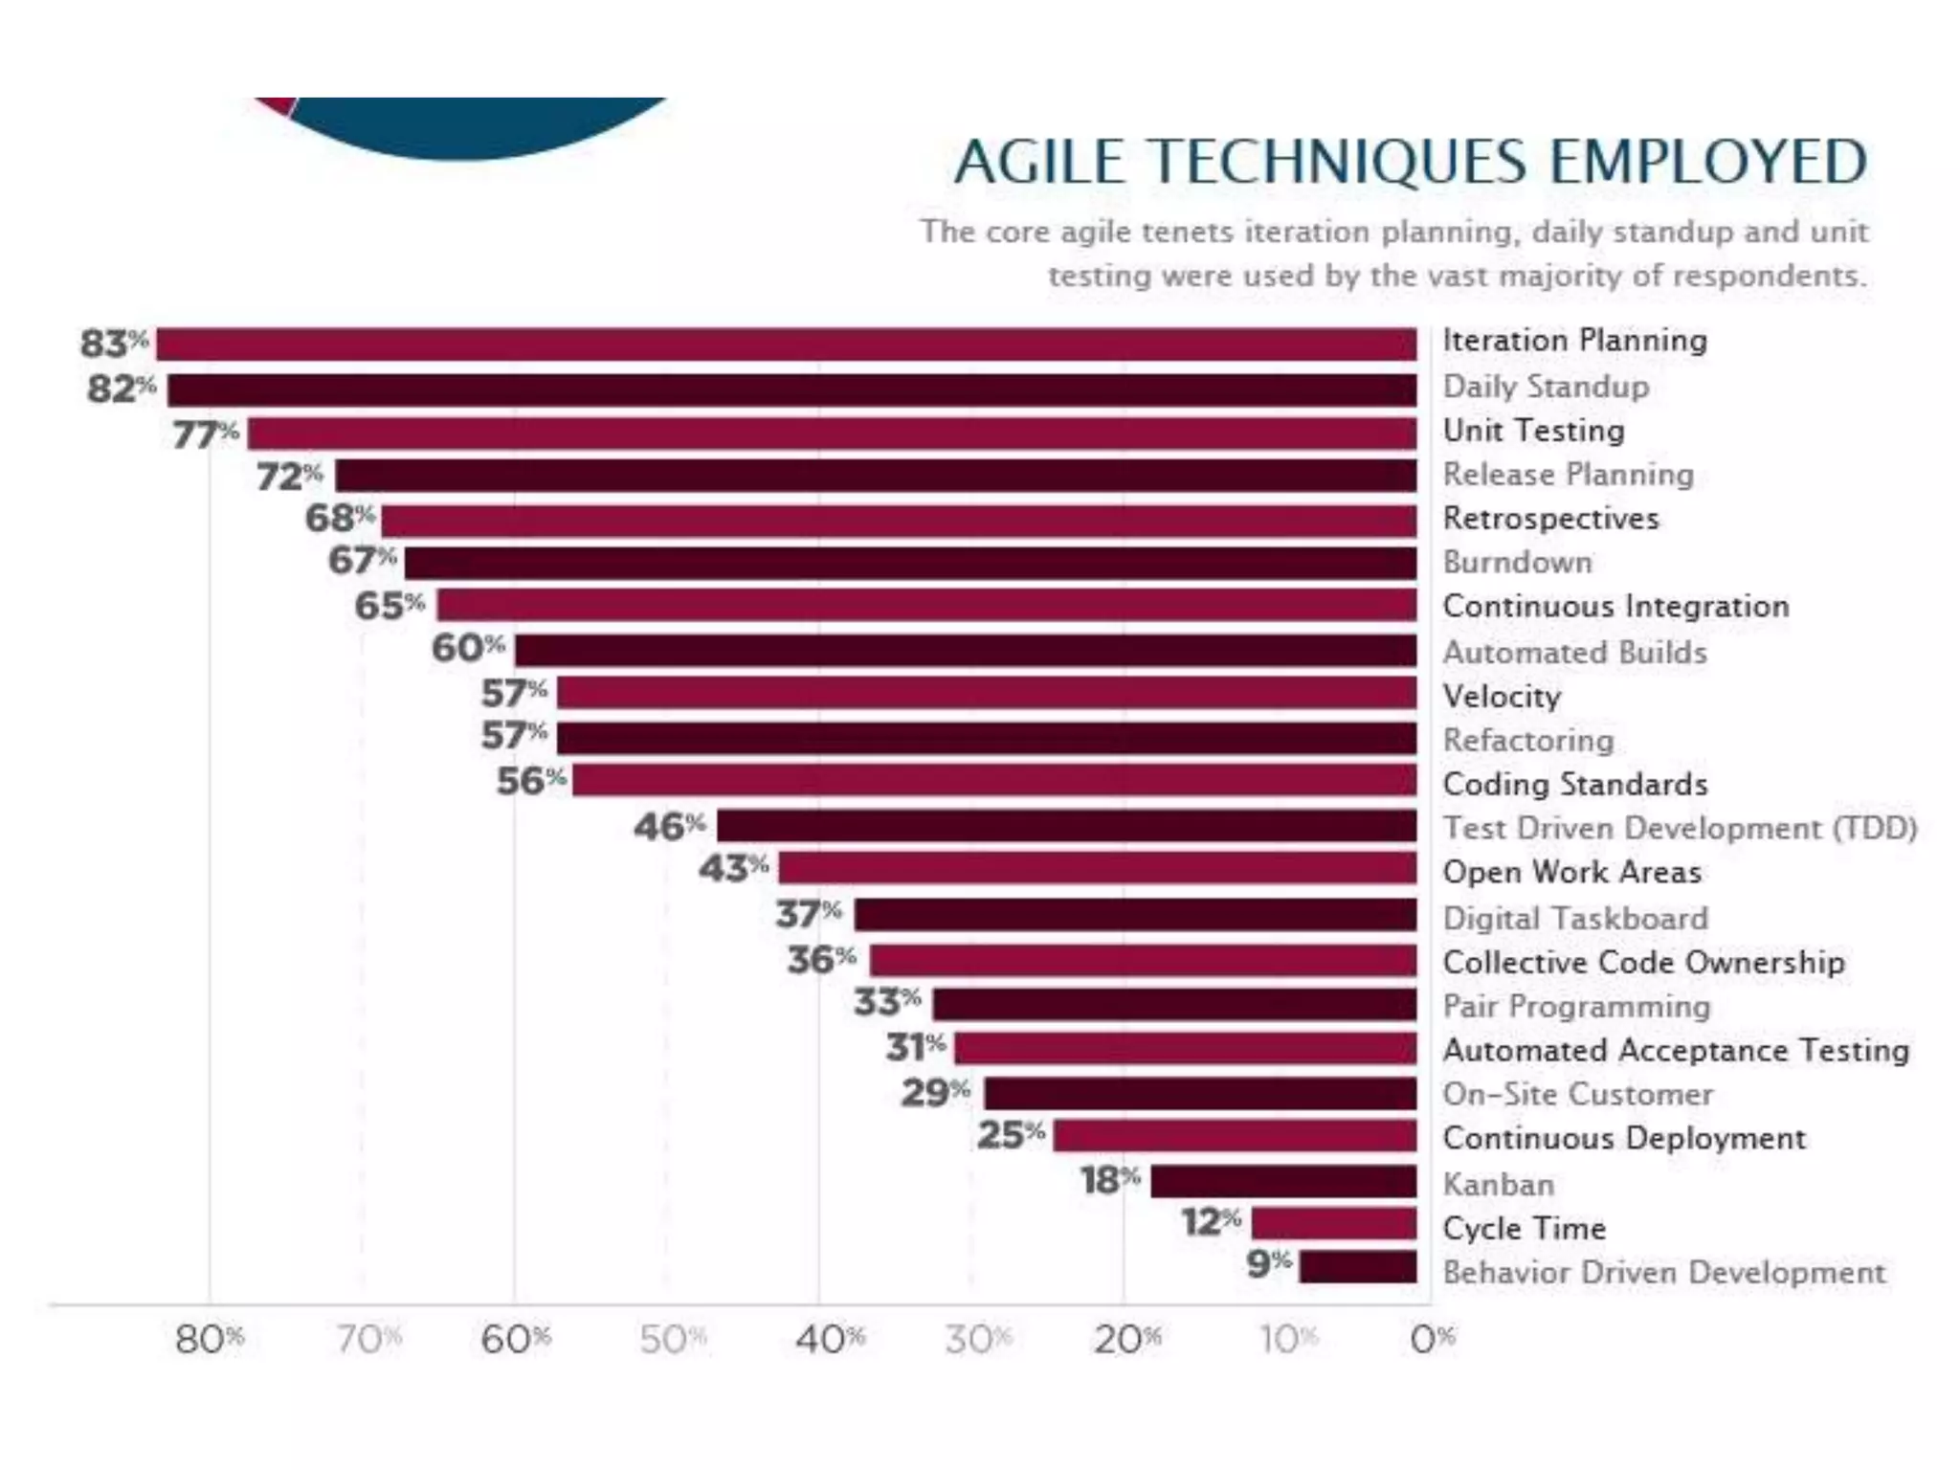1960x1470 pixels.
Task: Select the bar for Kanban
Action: pos(1282,1181)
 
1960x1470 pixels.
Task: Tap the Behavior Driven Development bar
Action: pos(1357,1266)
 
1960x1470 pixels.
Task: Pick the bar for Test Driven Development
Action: pos(1066,826)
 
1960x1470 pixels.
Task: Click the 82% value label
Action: pos(121,390)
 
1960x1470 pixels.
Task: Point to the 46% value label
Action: pos(669,826)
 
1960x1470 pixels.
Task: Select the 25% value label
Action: pos(1011,1135)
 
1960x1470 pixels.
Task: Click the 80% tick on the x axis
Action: pos(210,1340)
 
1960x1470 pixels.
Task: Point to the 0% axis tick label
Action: pos(1432,1340)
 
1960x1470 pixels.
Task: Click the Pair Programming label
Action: pos(1576,1006)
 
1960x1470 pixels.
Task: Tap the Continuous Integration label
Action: pos(1615,606)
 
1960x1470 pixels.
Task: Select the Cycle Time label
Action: pos(1524,1228)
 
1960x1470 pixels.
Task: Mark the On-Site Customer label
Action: pos(1577,1094)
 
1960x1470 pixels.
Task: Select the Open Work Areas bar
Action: pos(1097,869)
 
